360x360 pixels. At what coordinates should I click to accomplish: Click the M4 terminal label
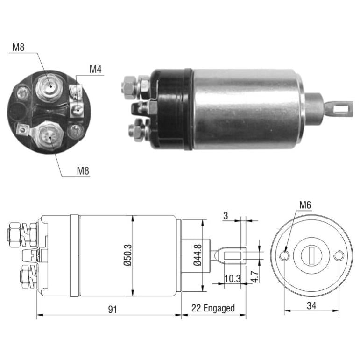click(x=95, y=69)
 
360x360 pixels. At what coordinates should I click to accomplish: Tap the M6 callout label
click(x=305, y=205)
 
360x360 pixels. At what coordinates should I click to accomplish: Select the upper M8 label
click(x=18, y=48)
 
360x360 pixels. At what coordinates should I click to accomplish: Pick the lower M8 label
click(x=83, y=171)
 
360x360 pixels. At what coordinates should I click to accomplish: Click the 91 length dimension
click(x=113, y=310)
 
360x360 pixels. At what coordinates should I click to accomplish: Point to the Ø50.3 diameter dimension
click(x=127, y=255)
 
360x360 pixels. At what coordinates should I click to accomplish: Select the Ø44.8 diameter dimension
click(x=198, y=255)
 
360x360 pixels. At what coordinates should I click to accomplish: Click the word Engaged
click(x=219, y=308)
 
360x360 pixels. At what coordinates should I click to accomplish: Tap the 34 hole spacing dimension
click(x=311, y=305)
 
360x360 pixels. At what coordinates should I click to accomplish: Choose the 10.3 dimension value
click(x=233, y=279)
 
